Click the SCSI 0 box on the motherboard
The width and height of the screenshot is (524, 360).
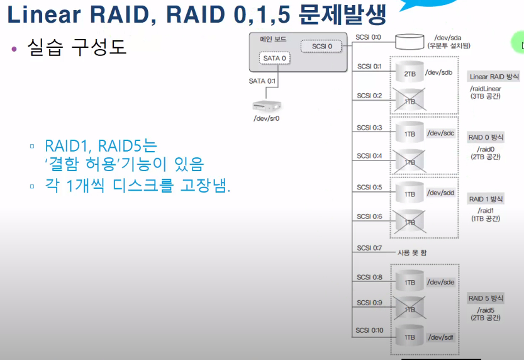(318, 46)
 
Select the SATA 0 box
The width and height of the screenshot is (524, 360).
(275, 59)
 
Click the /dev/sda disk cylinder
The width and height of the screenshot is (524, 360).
(410, 42)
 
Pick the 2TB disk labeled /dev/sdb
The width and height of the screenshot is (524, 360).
(410, 73)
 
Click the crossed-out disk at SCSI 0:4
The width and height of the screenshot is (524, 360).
(410, 161)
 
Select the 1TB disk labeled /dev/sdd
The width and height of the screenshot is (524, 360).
(410, 193)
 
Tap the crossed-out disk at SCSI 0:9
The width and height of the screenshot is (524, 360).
(410, 308)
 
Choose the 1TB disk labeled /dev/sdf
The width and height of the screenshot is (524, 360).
(410, 337)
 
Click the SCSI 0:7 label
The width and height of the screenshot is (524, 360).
(369, 248)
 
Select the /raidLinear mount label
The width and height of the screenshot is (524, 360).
(486, 89)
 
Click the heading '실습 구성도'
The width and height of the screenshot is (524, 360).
(77, 47)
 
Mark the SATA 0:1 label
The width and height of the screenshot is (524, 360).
(262, 81)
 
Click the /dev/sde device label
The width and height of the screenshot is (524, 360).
(440, 282)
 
